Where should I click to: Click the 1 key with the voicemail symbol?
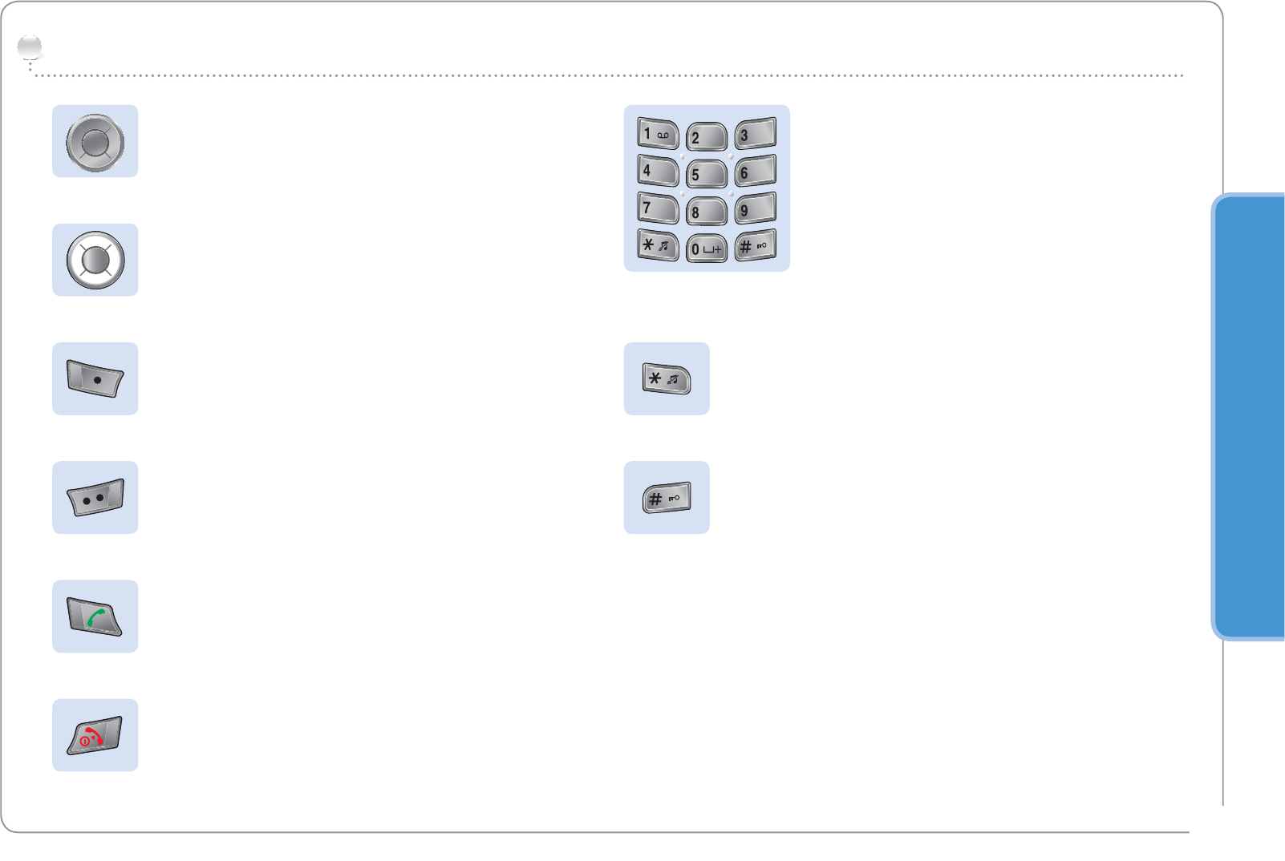click(x=658, y=134)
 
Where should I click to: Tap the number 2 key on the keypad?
click(x=706, y=137)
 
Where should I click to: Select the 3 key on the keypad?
click(x=755, y=134)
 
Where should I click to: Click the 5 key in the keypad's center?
click(x=706, y=174)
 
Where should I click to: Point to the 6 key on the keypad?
click(x=755, y=172)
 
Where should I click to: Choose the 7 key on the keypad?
click(x=658, y=208)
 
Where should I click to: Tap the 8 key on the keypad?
click(x=706, y=212)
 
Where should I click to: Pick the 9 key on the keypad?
click(x=755, y=208)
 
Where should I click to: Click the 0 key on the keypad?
click(x=706, y=249)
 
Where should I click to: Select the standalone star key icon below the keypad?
click(x=666, y=378)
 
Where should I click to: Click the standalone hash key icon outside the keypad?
click(x=666, y=498)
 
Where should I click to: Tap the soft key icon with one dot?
click(x=95, y=378)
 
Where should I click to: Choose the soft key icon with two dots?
click(x=95, y=498)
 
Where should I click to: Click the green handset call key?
click(x=95, y=616)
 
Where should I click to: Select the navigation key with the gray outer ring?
click(x=95, y=142)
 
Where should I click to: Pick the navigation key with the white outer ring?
click(x=95, y=261)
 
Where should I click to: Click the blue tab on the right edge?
click(x=1250, y=417)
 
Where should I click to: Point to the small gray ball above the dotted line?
click(x=30, y=48)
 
